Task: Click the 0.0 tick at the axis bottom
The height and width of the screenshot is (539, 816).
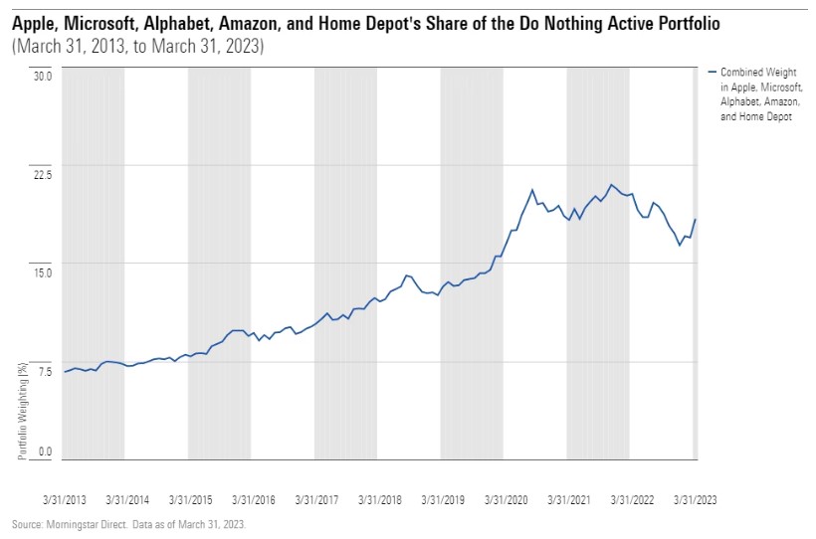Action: (44, 452)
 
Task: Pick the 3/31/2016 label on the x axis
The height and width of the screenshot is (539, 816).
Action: (254, 500)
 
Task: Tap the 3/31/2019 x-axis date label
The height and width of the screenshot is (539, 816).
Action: (443, 500)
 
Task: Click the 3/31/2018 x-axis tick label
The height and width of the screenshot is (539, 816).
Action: (380, 500)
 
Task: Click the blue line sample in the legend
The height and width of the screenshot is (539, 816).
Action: (712, 73)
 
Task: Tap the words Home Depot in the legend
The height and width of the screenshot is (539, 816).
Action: (767, 117)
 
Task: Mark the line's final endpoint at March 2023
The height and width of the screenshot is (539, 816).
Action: (695, 219)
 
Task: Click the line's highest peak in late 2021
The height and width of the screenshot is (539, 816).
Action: (611, 185)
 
